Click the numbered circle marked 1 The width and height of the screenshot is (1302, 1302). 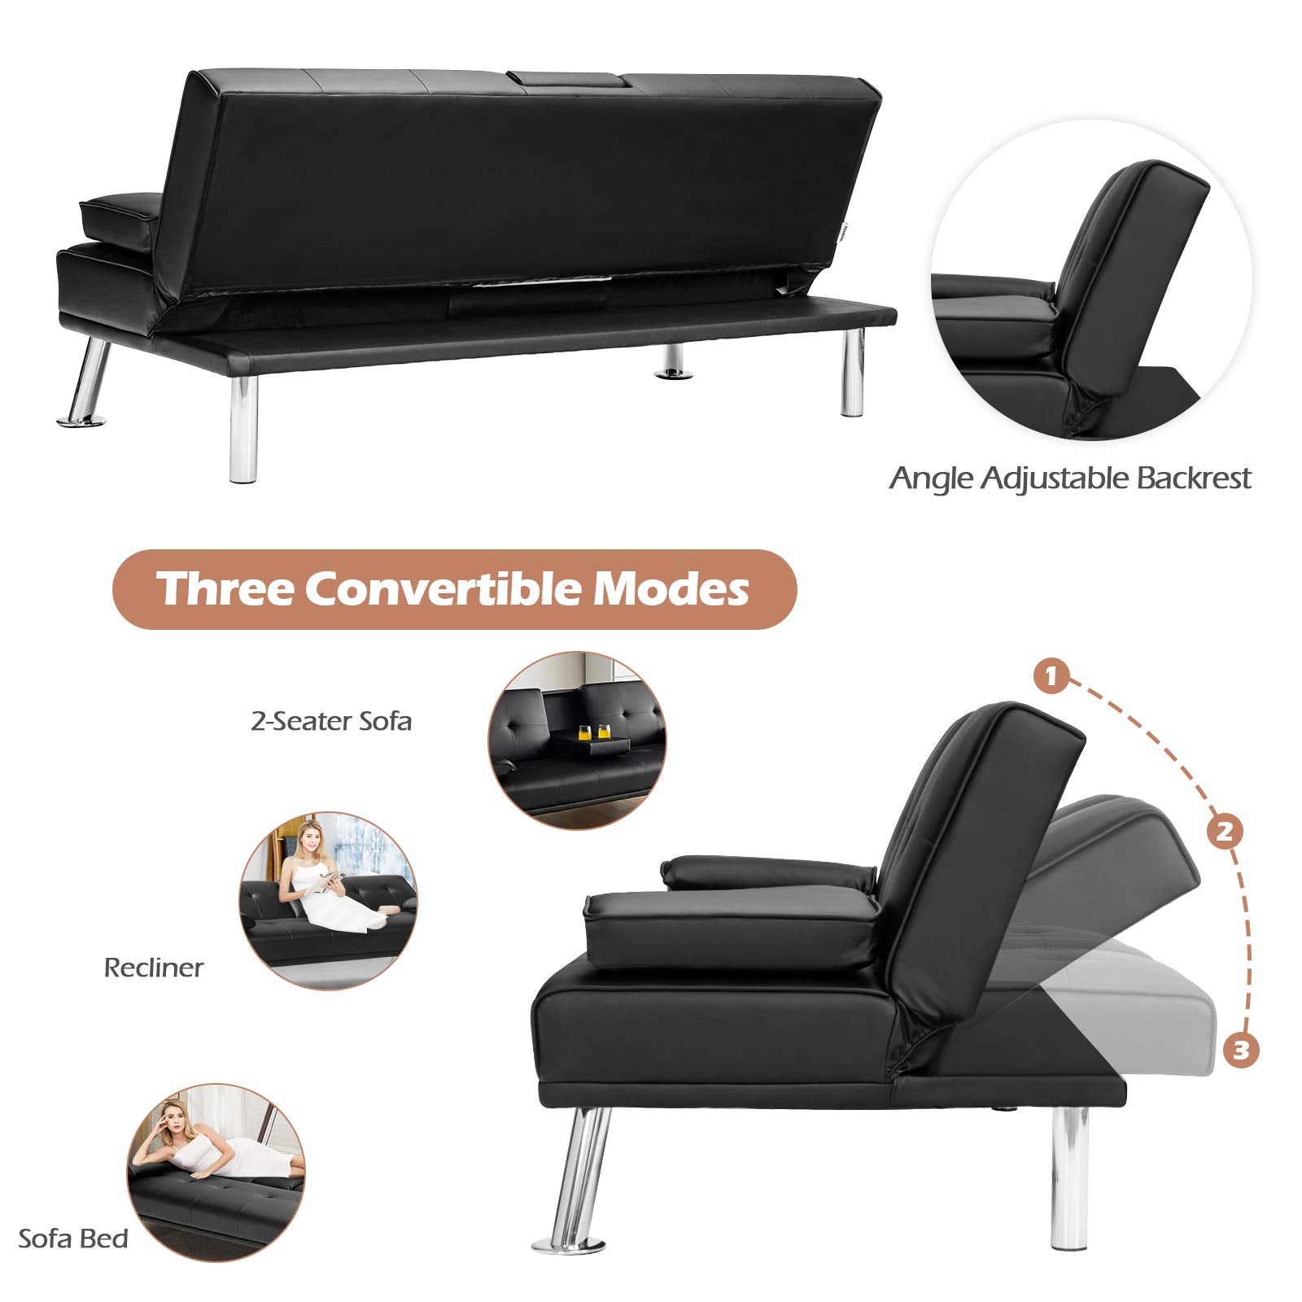(1051, 677)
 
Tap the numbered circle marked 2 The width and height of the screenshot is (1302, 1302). (1226, 832)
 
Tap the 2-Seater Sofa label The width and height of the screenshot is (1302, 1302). (331, 721)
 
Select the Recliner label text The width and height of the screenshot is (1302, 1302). (154, 968)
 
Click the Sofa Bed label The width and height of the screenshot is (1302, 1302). (73, 1239)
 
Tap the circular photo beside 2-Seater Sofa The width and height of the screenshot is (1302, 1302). (577, 741)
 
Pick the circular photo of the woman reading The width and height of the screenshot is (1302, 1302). (329, 900)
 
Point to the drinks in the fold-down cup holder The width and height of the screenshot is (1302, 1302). (593, 730)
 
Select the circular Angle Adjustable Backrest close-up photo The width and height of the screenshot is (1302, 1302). (1092, 282)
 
